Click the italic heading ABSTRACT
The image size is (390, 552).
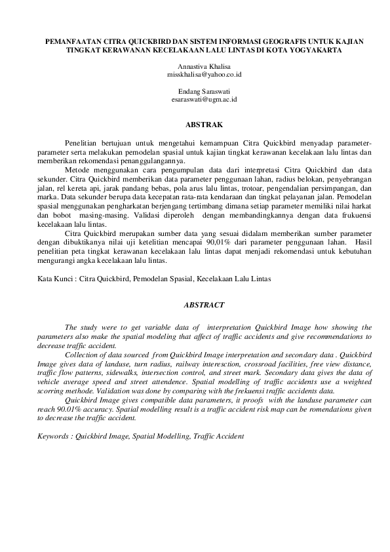195,305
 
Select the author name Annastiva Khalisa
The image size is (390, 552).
195,68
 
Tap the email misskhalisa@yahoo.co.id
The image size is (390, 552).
195,76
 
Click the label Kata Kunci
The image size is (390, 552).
55,279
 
